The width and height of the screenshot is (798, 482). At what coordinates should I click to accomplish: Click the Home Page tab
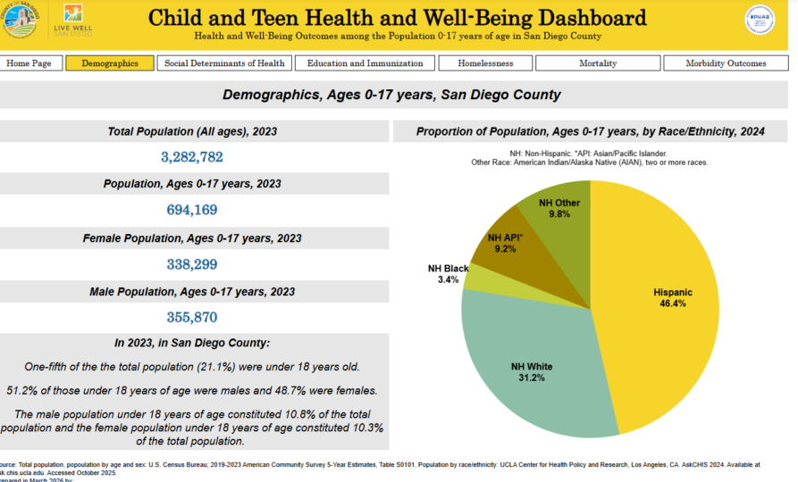34,63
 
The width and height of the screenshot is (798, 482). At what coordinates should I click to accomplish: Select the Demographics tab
110,63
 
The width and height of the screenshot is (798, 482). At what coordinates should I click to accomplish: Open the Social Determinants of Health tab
224,63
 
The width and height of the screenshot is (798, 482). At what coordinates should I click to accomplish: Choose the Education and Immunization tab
365,63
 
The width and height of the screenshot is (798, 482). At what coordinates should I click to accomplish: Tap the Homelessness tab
485,63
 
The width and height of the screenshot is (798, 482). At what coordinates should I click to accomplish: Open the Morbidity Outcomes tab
726,63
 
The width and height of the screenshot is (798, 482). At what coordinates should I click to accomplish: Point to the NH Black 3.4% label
448,274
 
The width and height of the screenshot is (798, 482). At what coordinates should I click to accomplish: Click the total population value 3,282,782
192,157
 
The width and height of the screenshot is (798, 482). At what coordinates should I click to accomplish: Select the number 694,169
192,211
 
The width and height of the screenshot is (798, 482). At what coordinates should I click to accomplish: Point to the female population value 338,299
192,264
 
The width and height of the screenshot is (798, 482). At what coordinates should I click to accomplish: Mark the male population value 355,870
192,318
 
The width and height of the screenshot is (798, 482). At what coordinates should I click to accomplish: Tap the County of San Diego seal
20,20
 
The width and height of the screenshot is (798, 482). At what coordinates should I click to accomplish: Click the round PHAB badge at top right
760,20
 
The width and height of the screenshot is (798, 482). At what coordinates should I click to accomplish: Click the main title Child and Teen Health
397,18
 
